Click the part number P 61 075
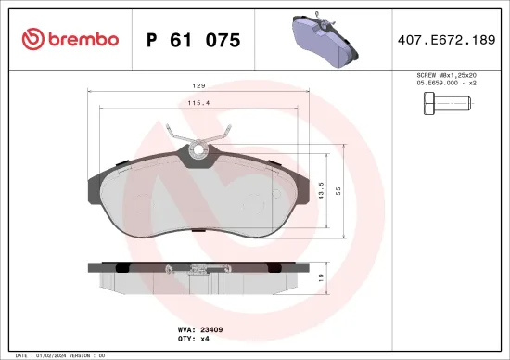(193, 40)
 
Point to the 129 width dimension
(198, 85)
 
